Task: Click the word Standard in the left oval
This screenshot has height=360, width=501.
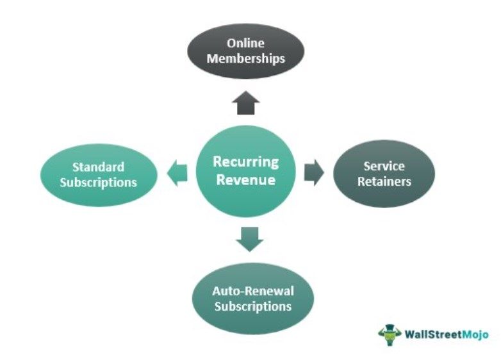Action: point(98,167)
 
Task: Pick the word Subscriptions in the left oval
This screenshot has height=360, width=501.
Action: point(98,183)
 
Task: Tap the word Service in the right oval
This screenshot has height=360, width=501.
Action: point(384,166)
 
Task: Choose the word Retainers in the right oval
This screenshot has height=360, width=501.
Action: point(384,181)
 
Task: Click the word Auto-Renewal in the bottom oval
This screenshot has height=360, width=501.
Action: point(253,291)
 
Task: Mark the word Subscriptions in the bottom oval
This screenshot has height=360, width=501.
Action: point(253,306)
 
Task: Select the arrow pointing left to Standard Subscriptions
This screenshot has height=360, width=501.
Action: point(177,172)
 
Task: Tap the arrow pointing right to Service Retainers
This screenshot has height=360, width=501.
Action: point(314,173)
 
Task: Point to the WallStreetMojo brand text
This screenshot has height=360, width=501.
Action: point(446,334)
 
